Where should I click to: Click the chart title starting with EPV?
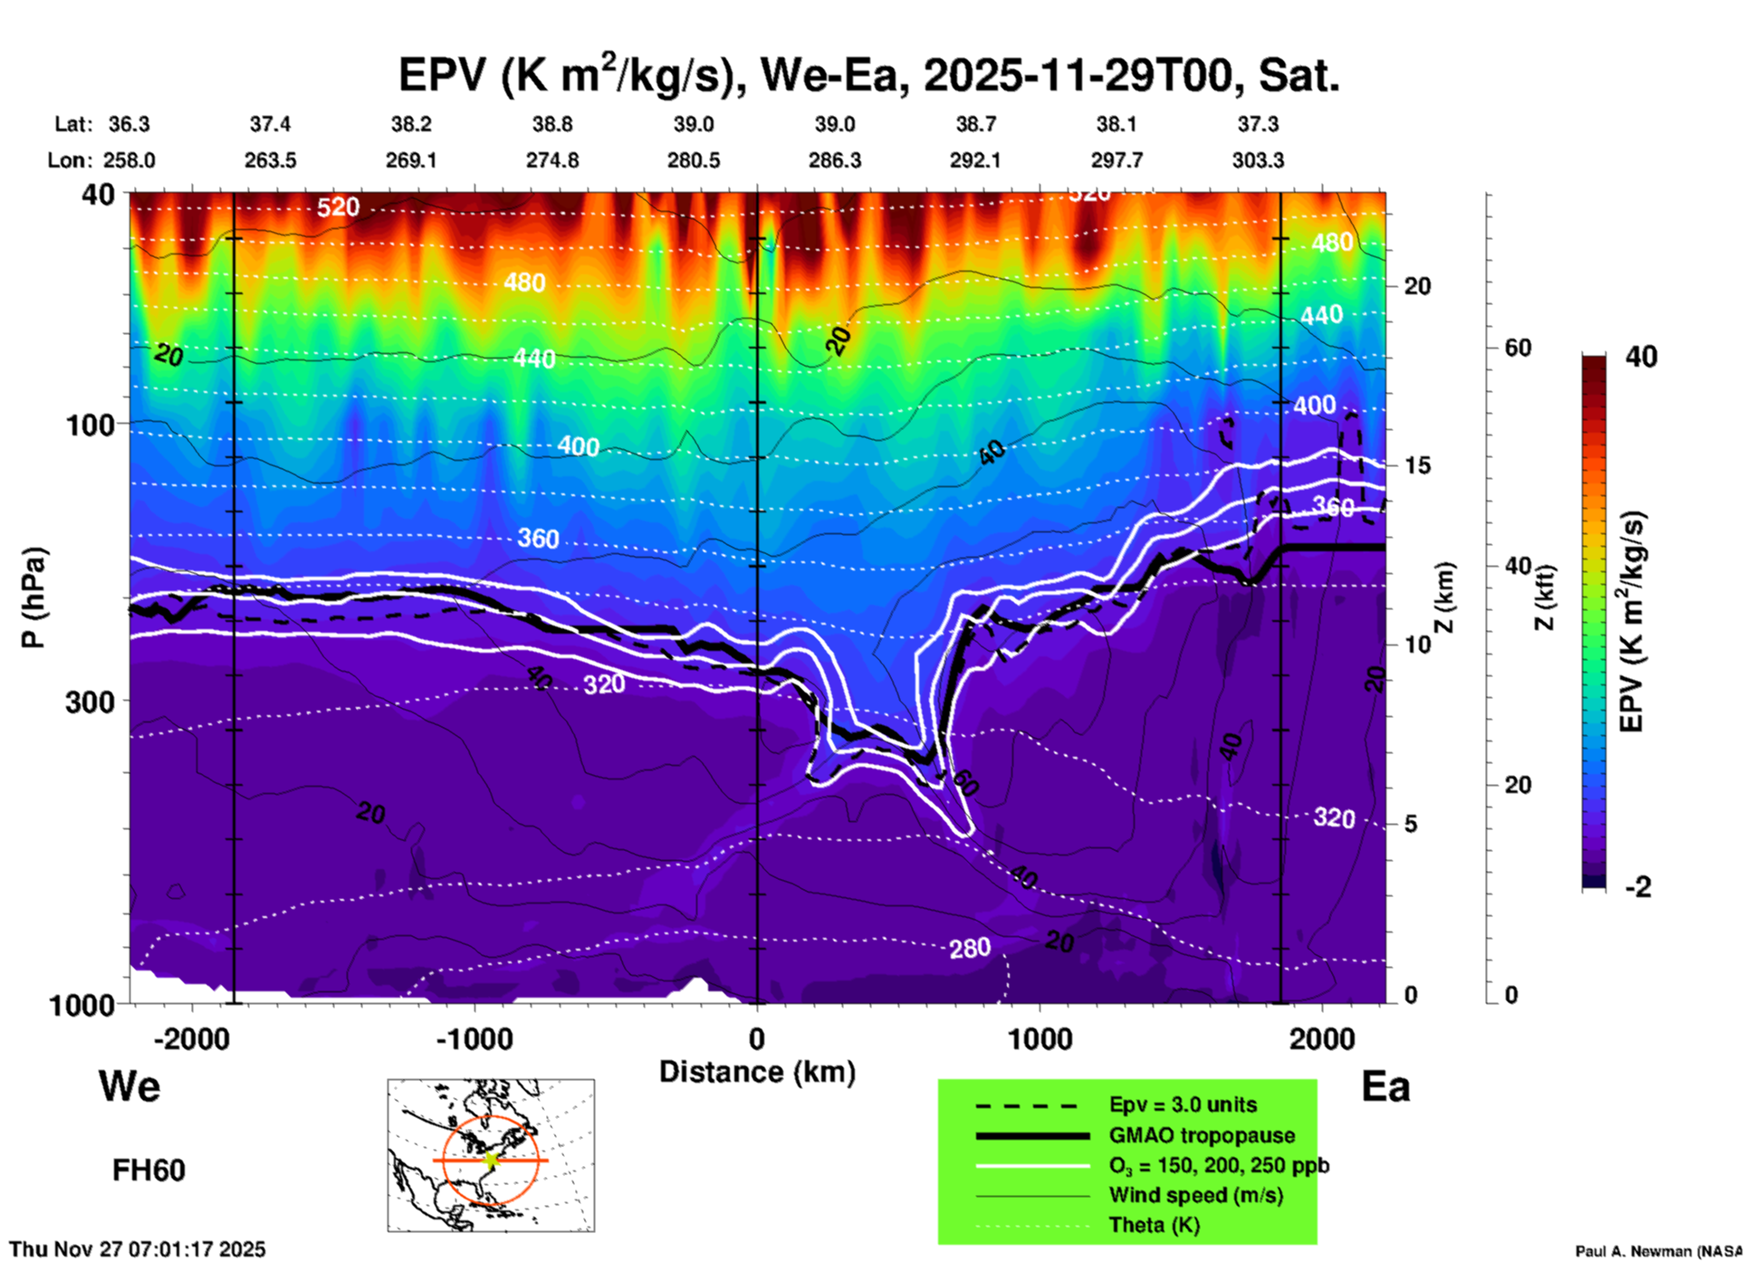point(868,75)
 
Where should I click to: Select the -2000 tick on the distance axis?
point(191,1038)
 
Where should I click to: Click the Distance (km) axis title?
point(757,1072)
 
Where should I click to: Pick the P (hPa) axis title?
point(34,598)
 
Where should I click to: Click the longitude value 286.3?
point(834,160)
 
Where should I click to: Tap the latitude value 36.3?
point(129,124)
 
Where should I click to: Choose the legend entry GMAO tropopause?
point(1202,1135)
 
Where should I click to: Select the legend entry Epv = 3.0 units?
point(1183,1104)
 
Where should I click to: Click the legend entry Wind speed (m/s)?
point(1195,1195)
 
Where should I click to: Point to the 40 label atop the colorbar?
point(1641,357)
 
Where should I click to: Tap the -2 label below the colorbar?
point(1638,887)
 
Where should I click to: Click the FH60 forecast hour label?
point(149,1171)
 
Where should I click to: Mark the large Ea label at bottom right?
point(1385,1086)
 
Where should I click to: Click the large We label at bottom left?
point(129,1085)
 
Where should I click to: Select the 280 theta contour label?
point(970,949)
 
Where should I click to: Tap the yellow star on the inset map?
point(491,1160)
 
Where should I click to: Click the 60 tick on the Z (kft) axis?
point(1519,348)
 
